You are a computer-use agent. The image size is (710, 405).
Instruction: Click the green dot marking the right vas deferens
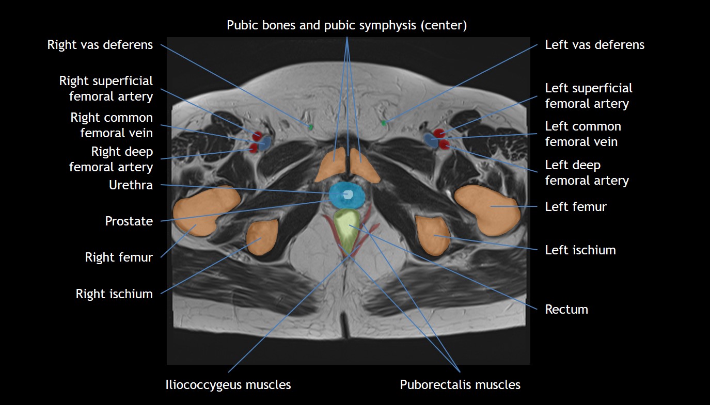311,126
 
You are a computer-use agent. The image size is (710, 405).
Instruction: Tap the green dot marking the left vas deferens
383,123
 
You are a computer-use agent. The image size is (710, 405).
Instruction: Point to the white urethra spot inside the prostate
348,195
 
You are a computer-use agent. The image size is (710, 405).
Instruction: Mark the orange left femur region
488,209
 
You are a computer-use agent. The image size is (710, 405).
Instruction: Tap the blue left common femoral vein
430,140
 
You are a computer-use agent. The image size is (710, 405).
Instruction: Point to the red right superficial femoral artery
257,136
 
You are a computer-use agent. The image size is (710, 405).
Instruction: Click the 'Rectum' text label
566,310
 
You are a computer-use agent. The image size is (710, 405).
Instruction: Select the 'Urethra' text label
131,185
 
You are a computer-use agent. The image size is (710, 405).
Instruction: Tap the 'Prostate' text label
129,221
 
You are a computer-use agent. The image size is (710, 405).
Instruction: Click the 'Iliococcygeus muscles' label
228,385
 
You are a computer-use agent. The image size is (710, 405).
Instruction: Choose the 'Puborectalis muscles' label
460,385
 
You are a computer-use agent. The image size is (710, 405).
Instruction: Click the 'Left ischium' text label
580,250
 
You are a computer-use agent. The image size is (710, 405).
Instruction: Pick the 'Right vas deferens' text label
100,45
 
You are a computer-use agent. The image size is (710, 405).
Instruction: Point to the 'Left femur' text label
576,207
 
